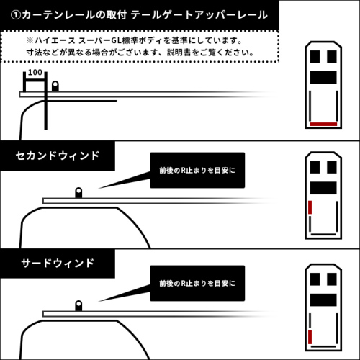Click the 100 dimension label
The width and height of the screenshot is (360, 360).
35,73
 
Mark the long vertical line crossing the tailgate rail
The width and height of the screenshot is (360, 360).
45,108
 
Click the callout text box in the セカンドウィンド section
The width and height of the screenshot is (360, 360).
197,171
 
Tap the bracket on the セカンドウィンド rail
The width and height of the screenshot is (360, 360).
78,194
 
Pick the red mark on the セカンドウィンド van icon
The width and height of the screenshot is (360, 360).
310,209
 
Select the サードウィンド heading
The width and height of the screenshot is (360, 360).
57,264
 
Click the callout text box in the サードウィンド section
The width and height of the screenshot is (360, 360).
197,283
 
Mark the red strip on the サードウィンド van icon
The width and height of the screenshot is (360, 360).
310,338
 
